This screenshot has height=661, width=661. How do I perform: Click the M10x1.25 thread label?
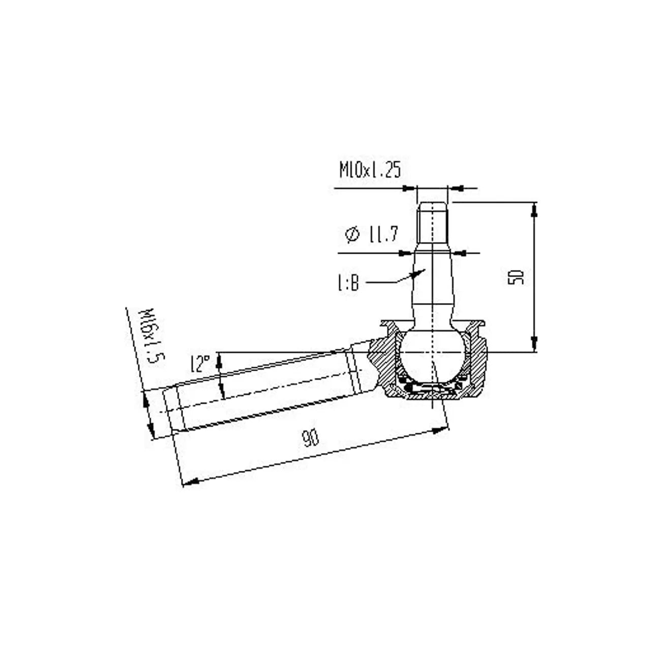click(370, 170)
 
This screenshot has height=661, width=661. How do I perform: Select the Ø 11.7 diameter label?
click(371, 234)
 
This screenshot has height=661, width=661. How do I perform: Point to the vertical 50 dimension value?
click(516, 278)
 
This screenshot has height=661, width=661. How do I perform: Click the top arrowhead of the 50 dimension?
click(534, 209)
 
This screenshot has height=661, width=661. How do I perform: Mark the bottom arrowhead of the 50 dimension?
click(534, 345)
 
